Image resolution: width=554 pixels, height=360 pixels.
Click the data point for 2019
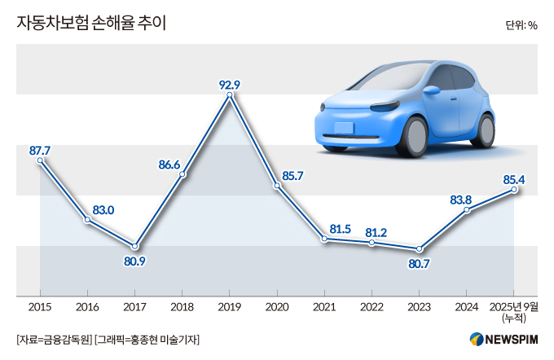point(230,96)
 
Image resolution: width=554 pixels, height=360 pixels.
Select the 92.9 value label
point(230,83)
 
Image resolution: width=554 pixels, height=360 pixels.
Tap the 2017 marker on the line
point(135,247)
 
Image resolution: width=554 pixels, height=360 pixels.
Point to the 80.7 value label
point(419,264)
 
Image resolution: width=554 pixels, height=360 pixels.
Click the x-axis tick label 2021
point(324,308)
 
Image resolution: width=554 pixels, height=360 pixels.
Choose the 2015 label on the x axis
point(40,308)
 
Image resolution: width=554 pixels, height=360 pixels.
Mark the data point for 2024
point(467,210)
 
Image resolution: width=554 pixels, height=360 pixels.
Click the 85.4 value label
point(514,178)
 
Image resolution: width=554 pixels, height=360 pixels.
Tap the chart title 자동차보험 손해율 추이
point(91,24)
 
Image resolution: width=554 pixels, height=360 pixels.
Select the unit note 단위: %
point(521,24)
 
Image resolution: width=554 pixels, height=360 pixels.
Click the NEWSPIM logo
point(503,340)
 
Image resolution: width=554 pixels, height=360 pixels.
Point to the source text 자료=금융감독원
point(54,340)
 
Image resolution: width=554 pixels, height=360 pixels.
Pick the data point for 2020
point(277,187)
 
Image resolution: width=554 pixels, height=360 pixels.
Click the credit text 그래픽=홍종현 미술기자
point(148,340)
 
